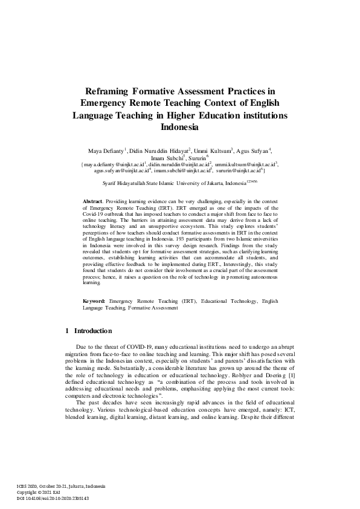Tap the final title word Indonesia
click(179, 128)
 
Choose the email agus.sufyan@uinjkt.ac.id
click(123, 171)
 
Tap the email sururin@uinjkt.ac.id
click(245, 171)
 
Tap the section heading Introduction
click(92, 331)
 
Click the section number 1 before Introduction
click(66, 331)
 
